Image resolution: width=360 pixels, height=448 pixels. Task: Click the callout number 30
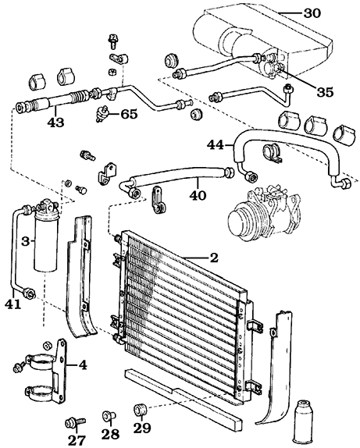click(x=312, y=13)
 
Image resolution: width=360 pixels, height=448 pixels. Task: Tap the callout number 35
click(x=325, y=92)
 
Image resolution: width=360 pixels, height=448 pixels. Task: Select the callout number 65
click(x=129, y=114)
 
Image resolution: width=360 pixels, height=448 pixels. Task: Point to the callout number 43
click(x=55, y=123)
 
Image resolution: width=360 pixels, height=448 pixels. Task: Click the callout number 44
click(x=216, y=145)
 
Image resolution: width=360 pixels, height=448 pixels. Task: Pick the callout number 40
click(x=198, y=195)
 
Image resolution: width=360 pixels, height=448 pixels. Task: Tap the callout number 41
click(x=13, y=304)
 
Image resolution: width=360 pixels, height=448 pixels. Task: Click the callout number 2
click(x=214, y=258)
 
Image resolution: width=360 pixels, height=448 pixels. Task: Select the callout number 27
click(x=77, y=440)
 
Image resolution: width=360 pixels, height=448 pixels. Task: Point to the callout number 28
click(x=110, y=434)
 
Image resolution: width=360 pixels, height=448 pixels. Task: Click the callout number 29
click(x=142, y=428)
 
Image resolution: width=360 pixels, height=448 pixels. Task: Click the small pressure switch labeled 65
click(x=102, y=115)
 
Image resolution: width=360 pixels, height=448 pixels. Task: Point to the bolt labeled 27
click(x=76, y=422)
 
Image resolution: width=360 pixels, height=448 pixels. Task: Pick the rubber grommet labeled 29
click(x=140, y=410)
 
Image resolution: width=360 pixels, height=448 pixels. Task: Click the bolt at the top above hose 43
click(x=113, y=41)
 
